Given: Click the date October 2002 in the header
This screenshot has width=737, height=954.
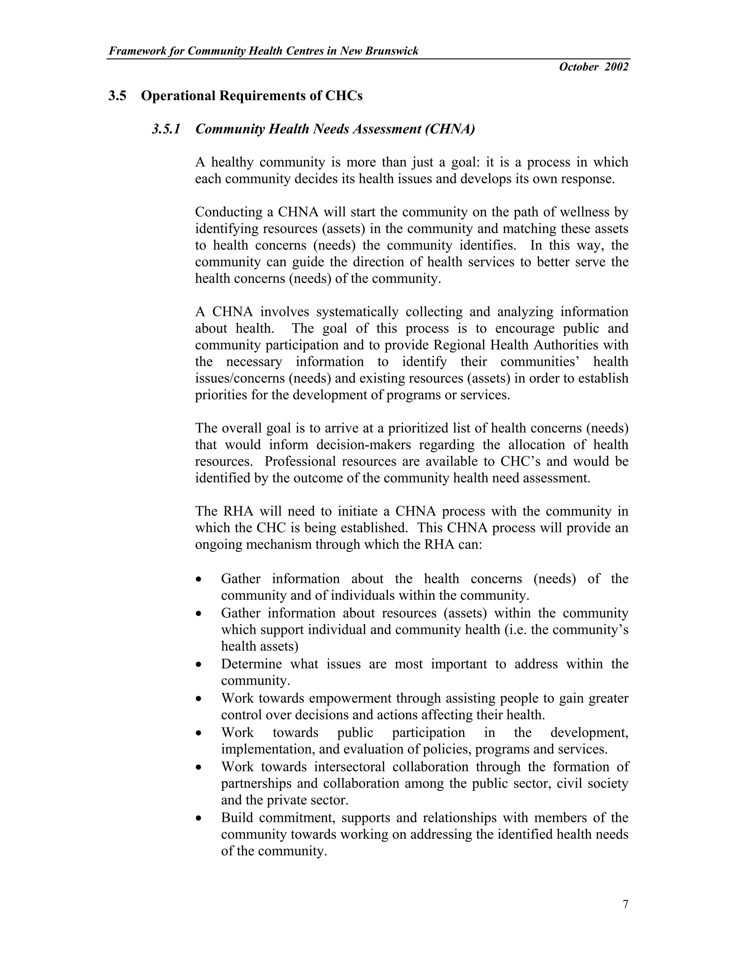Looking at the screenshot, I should tap(593, 67).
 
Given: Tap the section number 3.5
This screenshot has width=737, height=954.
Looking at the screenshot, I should tap(117, 96).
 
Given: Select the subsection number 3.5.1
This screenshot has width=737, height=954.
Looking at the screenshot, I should tap(166, 129).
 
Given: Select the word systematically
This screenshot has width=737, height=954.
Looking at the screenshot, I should tap(357, 312).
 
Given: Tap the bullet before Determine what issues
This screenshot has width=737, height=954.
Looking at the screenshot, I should tap(199, 665).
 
